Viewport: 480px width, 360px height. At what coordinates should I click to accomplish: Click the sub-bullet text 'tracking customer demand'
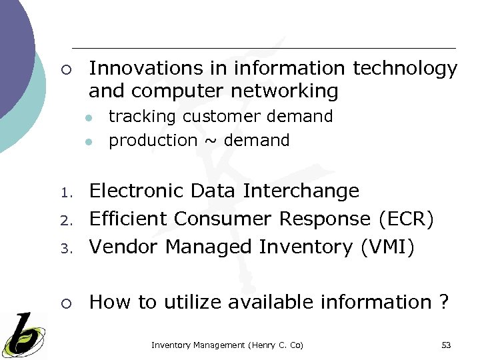(221, 117)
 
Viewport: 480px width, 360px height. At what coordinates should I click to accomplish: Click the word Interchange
(301, 191)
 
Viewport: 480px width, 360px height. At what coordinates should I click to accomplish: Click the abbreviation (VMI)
(387, 247)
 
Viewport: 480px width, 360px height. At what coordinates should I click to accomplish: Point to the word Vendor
(125, 247)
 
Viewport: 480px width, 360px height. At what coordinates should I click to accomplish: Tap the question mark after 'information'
(444, 302)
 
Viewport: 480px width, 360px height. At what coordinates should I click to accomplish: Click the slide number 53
(446, 345)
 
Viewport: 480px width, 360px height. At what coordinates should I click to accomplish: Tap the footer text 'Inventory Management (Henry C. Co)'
(227, 345)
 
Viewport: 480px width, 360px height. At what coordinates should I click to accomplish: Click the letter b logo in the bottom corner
(23, 335)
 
